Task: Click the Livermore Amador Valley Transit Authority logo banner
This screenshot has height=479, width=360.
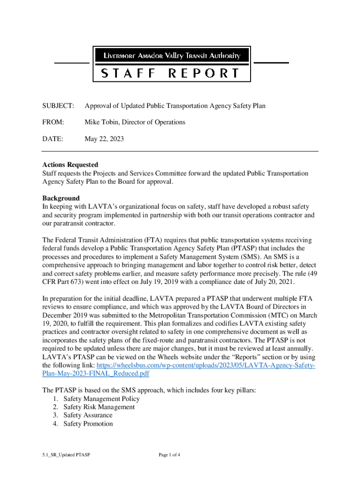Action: (x=172, y=56)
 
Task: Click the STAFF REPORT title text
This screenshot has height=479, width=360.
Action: (x=171, y=73)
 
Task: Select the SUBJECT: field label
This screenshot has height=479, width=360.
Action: (x=58, y=106)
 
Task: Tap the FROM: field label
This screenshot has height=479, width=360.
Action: (x=53, y=123)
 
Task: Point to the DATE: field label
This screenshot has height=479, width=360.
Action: (x=53, y=139)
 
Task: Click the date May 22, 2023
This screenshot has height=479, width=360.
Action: (x=104, y=139)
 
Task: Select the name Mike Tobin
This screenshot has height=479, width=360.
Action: (x=102, y=123)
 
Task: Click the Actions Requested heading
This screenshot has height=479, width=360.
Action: (x=70, y=165)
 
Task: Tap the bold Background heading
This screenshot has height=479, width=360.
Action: (x=61, y=198)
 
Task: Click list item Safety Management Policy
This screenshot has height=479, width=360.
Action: (x=101, y=399)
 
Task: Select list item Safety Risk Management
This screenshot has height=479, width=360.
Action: (x=99, y=407)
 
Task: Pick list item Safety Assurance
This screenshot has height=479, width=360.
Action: (x=88, y=415)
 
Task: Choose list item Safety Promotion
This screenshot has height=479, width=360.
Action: (x=88, y=424)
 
